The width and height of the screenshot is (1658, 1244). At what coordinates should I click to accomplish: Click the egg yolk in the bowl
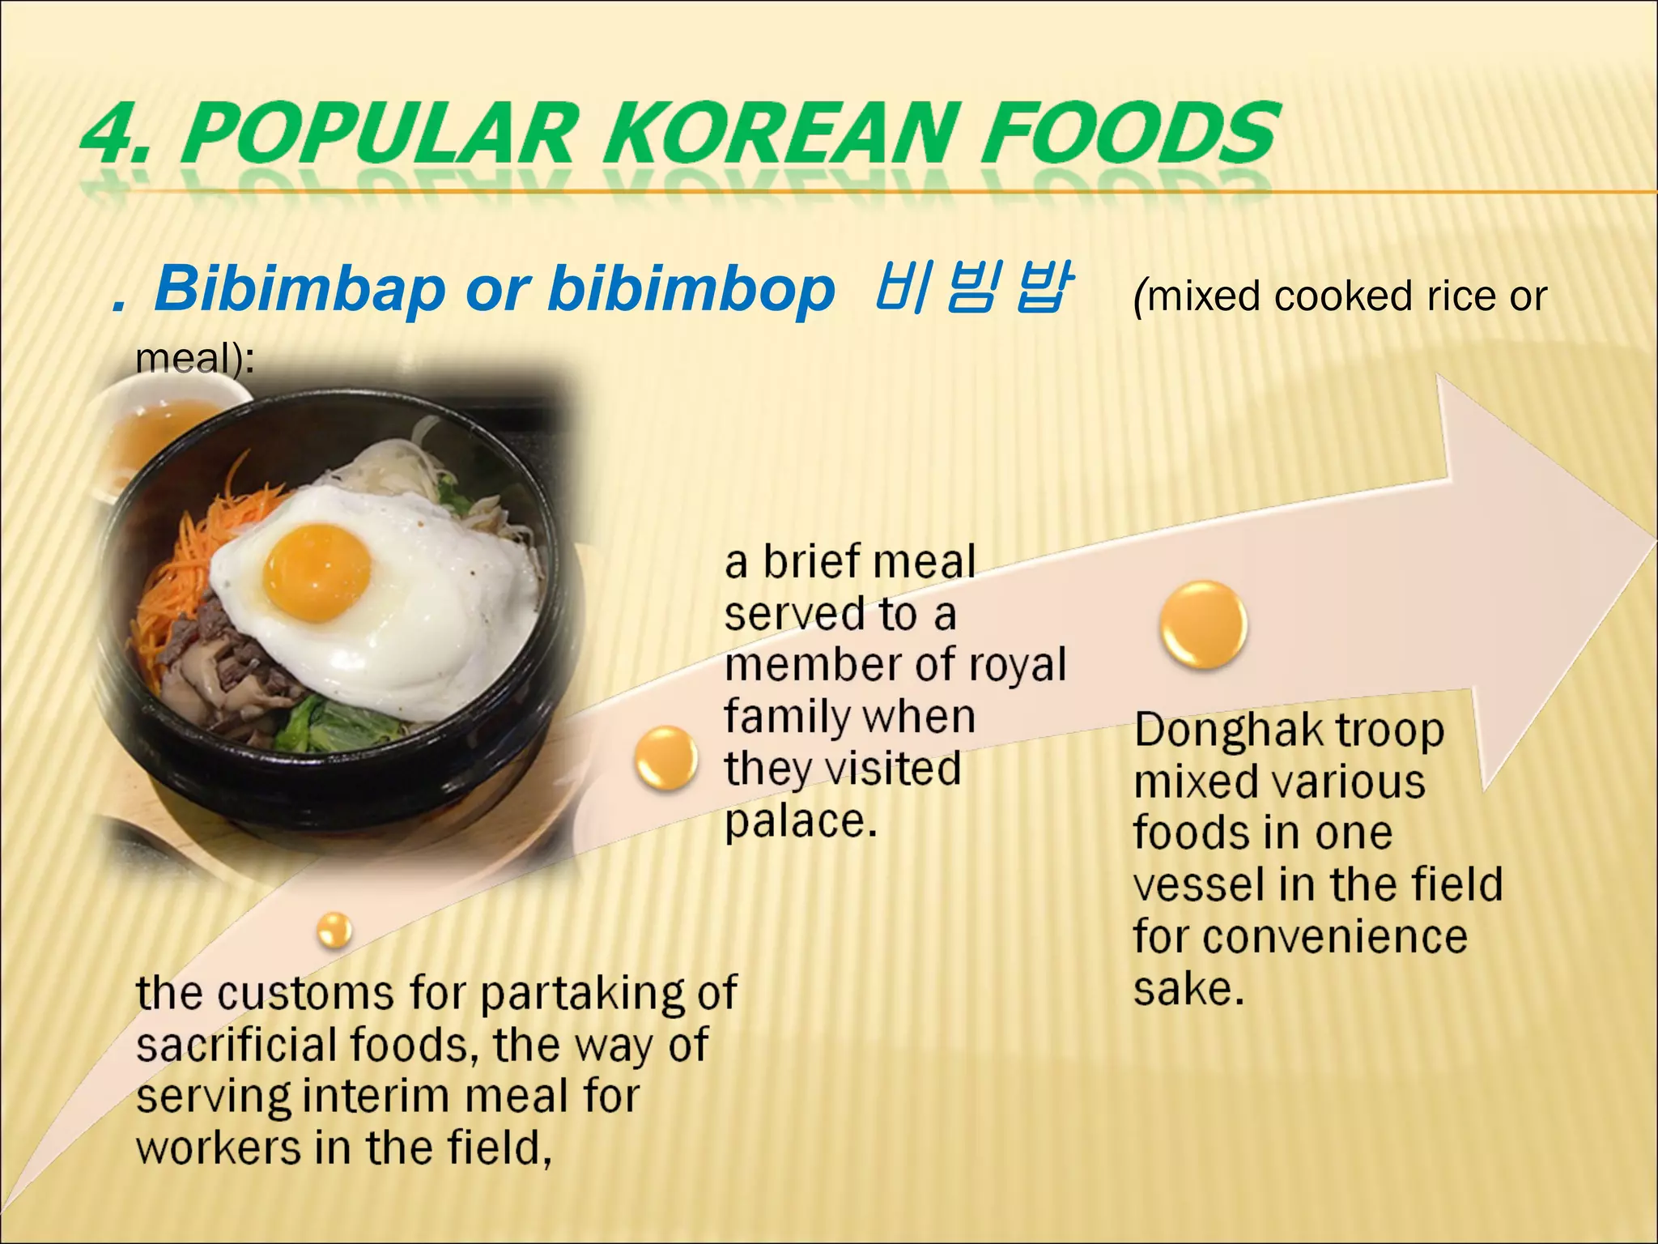(x=317, y=572)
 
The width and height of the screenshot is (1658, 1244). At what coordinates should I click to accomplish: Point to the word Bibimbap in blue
(x=300, y=289)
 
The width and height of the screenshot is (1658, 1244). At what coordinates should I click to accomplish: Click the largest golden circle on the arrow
(x=1203, y=624)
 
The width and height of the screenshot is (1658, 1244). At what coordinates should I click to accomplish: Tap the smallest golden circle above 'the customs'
(x=334, y=929)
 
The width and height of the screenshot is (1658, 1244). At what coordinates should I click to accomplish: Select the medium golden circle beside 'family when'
(x=665, y=758)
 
